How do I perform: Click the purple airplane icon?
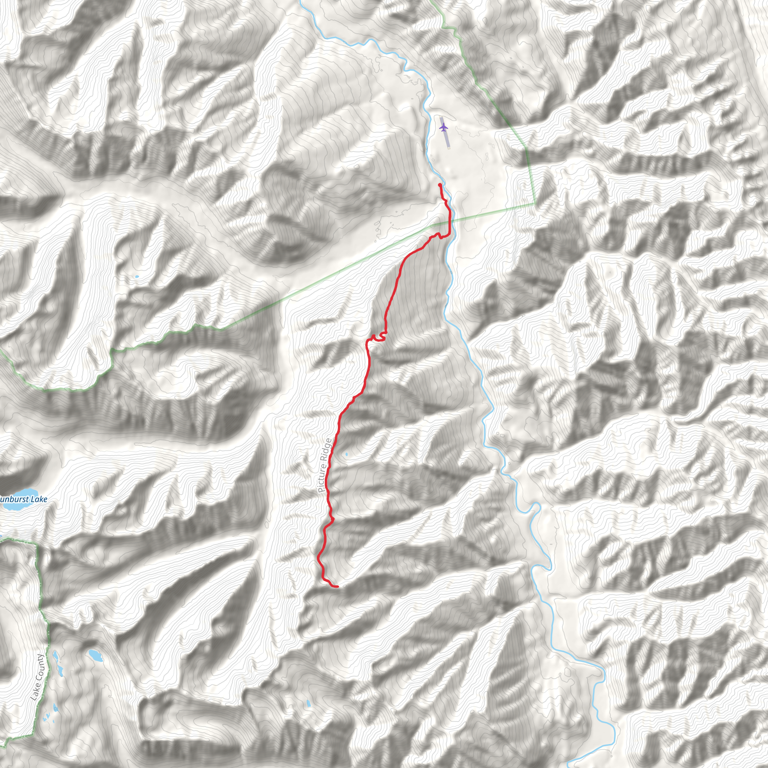pyautogui.click(x=444, y=127)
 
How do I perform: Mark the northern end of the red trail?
pyautogui.click(x=439, y=185)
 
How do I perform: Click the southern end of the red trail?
pyautogui.click(x=337, y=586)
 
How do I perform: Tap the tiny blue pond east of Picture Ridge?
pyautogui.click(x=346, y=454)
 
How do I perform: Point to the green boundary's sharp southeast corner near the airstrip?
pyautogui.click(x=535, y=204)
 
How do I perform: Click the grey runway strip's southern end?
pyautogui.click(x=448, y=147)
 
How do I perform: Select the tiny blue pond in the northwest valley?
pyautogui.click(x=137, y=277)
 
